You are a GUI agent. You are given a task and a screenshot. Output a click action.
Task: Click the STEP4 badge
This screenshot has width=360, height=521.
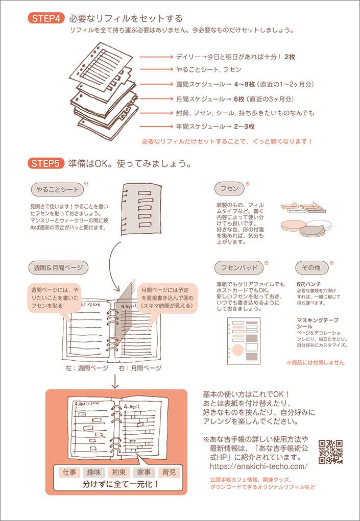coord(46,18)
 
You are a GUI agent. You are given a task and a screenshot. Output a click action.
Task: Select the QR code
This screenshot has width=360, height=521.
coord(330,452)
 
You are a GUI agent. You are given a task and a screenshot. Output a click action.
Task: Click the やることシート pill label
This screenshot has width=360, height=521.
coord(57,190)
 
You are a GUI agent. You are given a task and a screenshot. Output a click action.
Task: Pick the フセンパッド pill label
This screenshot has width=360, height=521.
coord(239,267)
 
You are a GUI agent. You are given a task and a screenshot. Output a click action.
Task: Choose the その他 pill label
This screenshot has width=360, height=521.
coord(311,267)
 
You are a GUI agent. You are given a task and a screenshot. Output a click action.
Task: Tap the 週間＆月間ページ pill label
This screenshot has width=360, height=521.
coord(59,267)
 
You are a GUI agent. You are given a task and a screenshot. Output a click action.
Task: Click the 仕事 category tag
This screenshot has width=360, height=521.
coord(69,472)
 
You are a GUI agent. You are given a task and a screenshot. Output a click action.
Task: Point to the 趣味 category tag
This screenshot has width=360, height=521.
coord(94,472)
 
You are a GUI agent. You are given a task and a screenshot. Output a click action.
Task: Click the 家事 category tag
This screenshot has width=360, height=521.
coord(145,472)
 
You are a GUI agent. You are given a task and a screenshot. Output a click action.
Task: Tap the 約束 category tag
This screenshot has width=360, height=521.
coord(119,472)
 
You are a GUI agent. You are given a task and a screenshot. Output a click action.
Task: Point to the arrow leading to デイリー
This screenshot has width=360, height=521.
coord(157,57)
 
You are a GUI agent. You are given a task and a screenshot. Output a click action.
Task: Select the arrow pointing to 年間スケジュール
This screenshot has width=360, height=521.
coord(157,127)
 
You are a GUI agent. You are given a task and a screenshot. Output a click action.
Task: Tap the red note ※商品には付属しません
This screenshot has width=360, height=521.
coord(316,362)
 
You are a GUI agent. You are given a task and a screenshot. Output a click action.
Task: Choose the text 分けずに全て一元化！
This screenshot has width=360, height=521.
coord(121,484)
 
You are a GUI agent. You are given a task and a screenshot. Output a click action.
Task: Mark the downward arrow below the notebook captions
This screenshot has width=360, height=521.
coord(115,382)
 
